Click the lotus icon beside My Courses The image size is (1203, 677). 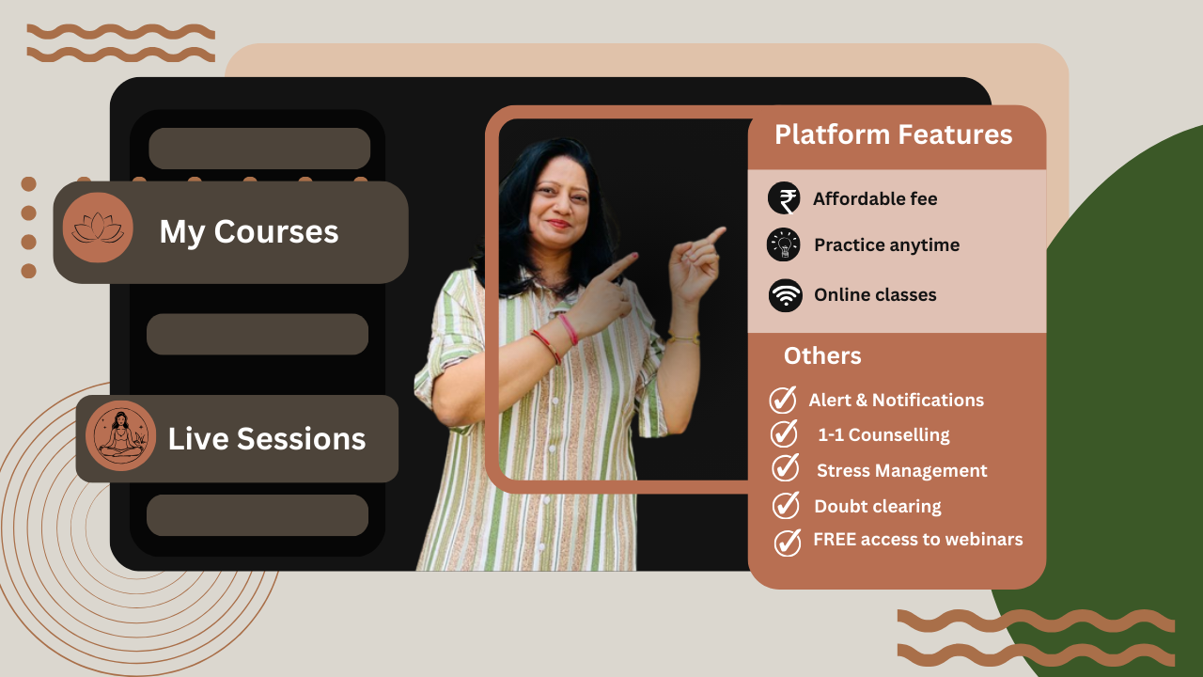tap(98, 228)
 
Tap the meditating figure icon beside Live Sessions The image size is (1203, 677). tap(121, 435)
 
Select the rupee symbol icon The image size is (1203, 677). tap(784, 198)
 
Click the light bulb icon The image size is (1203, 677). tap(784, 244)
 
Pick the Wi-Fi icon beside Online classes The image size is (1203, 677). tap(785, 295)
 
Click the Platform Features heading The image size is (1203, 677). tap(894, 134)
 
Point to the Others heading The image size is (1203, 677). tap(822, 355)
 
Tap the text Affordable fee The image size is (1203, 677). tap(875, 198)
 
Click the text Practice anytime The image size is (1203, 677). tap(886, 245)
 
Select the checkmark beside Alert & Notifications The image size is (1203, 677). tap(783, 400)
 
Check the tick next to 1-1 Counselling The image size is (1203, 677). tap(784, 433)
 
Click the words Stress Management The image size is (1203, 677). tap(901, 471)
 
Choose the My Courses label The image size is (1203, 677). tap(249, 232)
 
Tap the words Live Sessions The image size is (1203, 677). tap(266, 438)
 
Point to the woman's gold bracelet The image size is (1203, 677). tap(683, 338)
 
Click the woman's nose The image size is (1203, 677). tap(560, 206)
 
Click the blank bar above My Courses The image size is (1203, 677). tap(259, 149)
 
